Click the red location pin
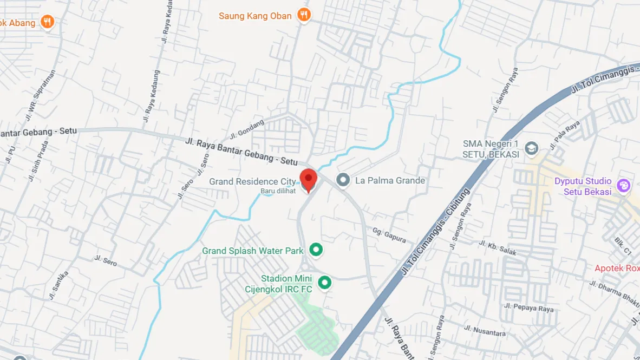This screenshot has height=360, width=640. coord(309,179)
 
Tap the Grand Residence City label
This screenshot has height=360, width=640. coord(252,181)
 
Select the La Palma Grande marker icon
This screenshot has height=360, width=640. coord(342,180)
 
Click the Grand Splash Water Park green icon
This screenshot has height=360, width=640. coord(316,250)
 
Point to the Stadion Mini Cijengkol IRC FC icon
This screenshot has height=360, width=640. coord(324,283)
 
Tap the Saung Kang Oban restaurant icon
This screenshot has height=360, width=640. coord(304,15)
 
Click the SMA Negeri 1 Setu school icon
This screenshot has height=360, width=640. coord(532,148)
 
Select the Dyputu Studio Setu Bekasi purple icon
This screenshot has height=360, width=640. coord(624,186)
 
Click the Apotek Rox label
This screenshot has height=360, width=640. coord(617,268)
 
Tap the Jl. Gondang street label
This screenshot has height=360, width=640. coord(247,128)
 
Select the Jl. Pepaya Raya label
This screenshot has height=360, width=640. coord(532,309)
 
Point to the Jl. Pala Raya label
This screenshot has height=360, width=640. coord(564,135)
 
